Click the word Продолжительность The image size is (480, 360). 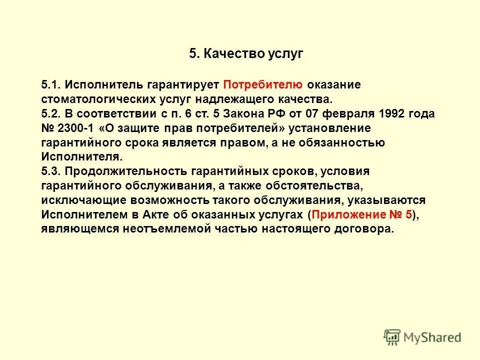click(x=125, y=171)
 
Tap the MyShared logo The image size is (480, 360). click(x=422, y=336)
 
